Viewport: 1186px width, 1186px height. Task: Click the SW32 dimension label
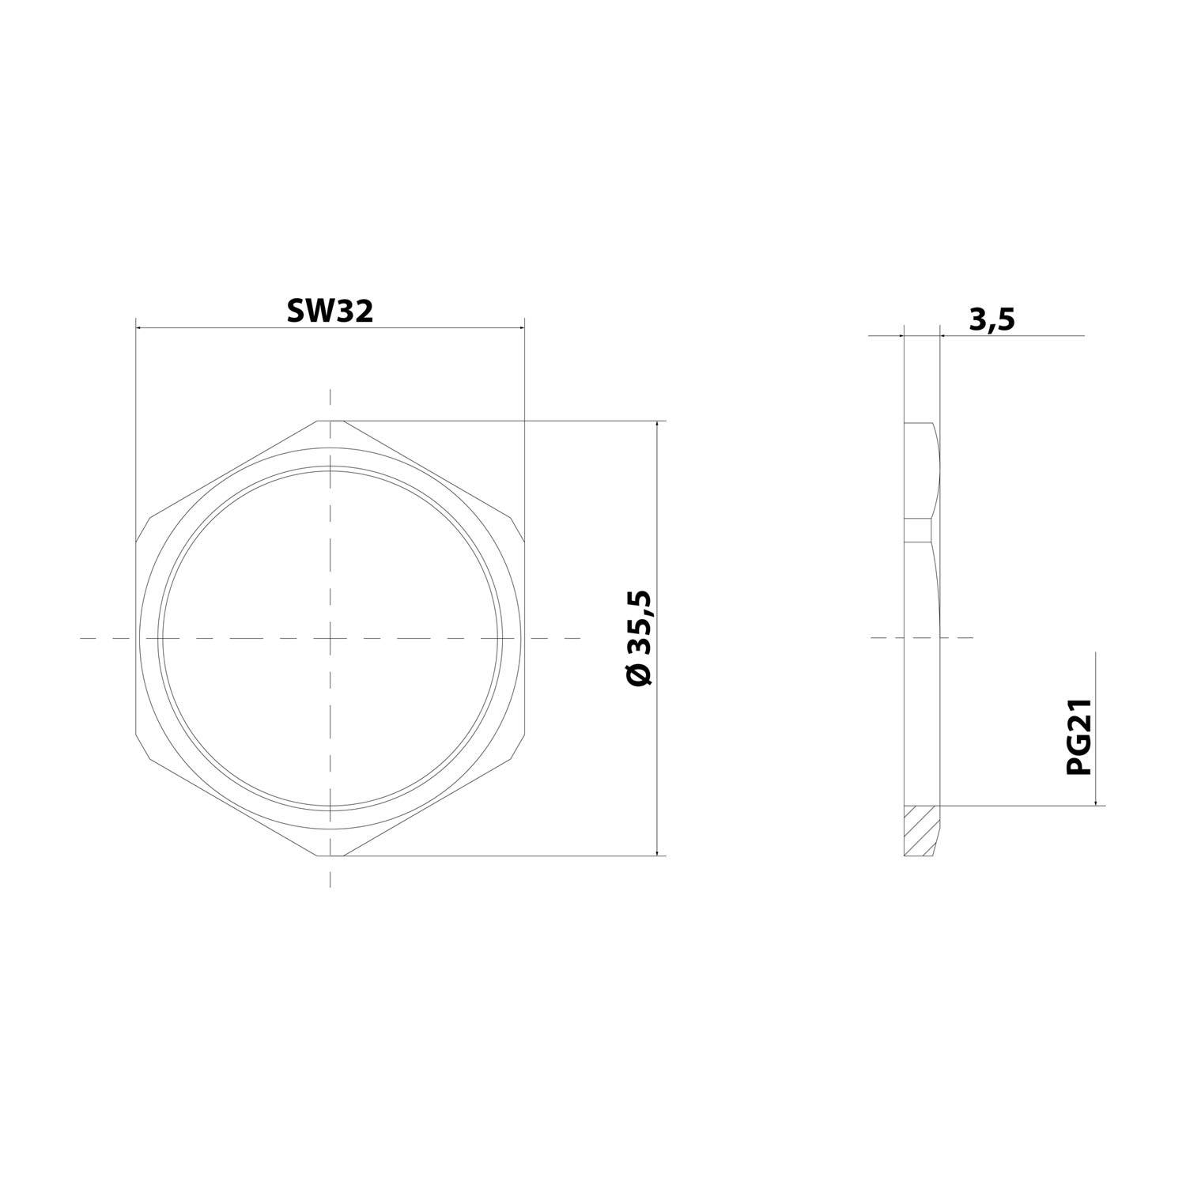tap(330, 311)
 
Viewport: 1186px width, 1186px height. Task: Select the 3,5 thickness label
tap(991, 320)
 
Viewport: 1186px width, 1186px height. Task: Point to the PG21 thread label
tap(1079, 737)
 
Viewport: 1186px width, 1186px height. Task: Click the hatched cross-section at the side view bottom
tap(921, 830)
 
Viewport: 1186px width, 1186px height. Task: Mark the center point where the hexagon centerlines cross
tap(330, 637)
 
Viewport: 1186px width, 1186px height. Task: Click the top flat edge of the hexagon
tap(330, 421)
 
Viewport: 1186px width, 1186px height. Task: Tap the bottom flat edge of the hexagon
tap(330, 856)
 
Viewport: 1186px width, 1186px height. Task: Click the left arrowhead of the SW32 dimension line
tap(142, 327)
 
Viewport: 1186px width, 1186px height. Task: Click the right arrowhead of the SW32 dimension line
tap(519, 327)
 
